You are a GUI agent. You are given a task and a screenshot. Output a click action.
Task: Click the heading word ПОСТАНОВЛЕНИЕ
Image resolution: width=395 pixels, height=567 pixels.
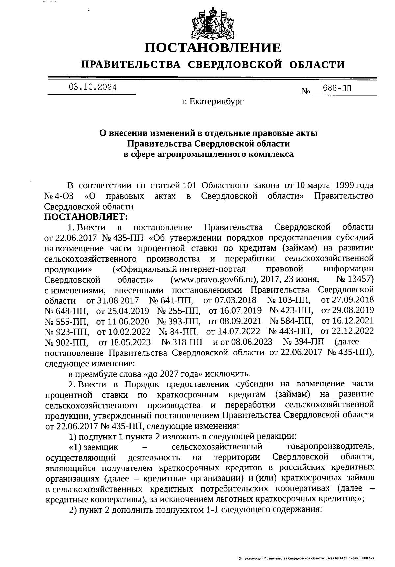[x=213, y=48]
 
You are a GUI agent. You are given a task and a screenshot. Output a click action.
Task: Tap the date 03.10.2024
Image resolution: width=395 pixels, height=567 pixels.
[x=92, y=87]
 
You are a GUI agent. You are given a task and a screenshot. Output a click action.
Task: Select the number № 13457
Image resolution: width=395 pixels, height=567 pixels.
[x=355, y=279]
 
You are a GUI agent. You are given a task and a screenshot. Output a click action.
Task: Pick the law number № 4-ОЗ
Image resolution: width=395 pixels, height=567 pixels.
[x=59, y=196]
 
